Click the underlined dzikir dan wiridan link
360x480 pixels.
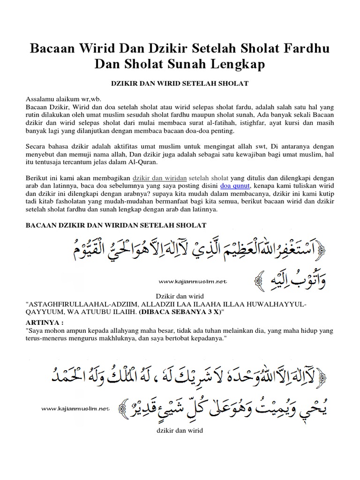point(160,178)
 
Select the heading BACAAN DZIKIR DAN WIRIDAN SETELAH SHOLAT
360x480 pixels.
point(115,225)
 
